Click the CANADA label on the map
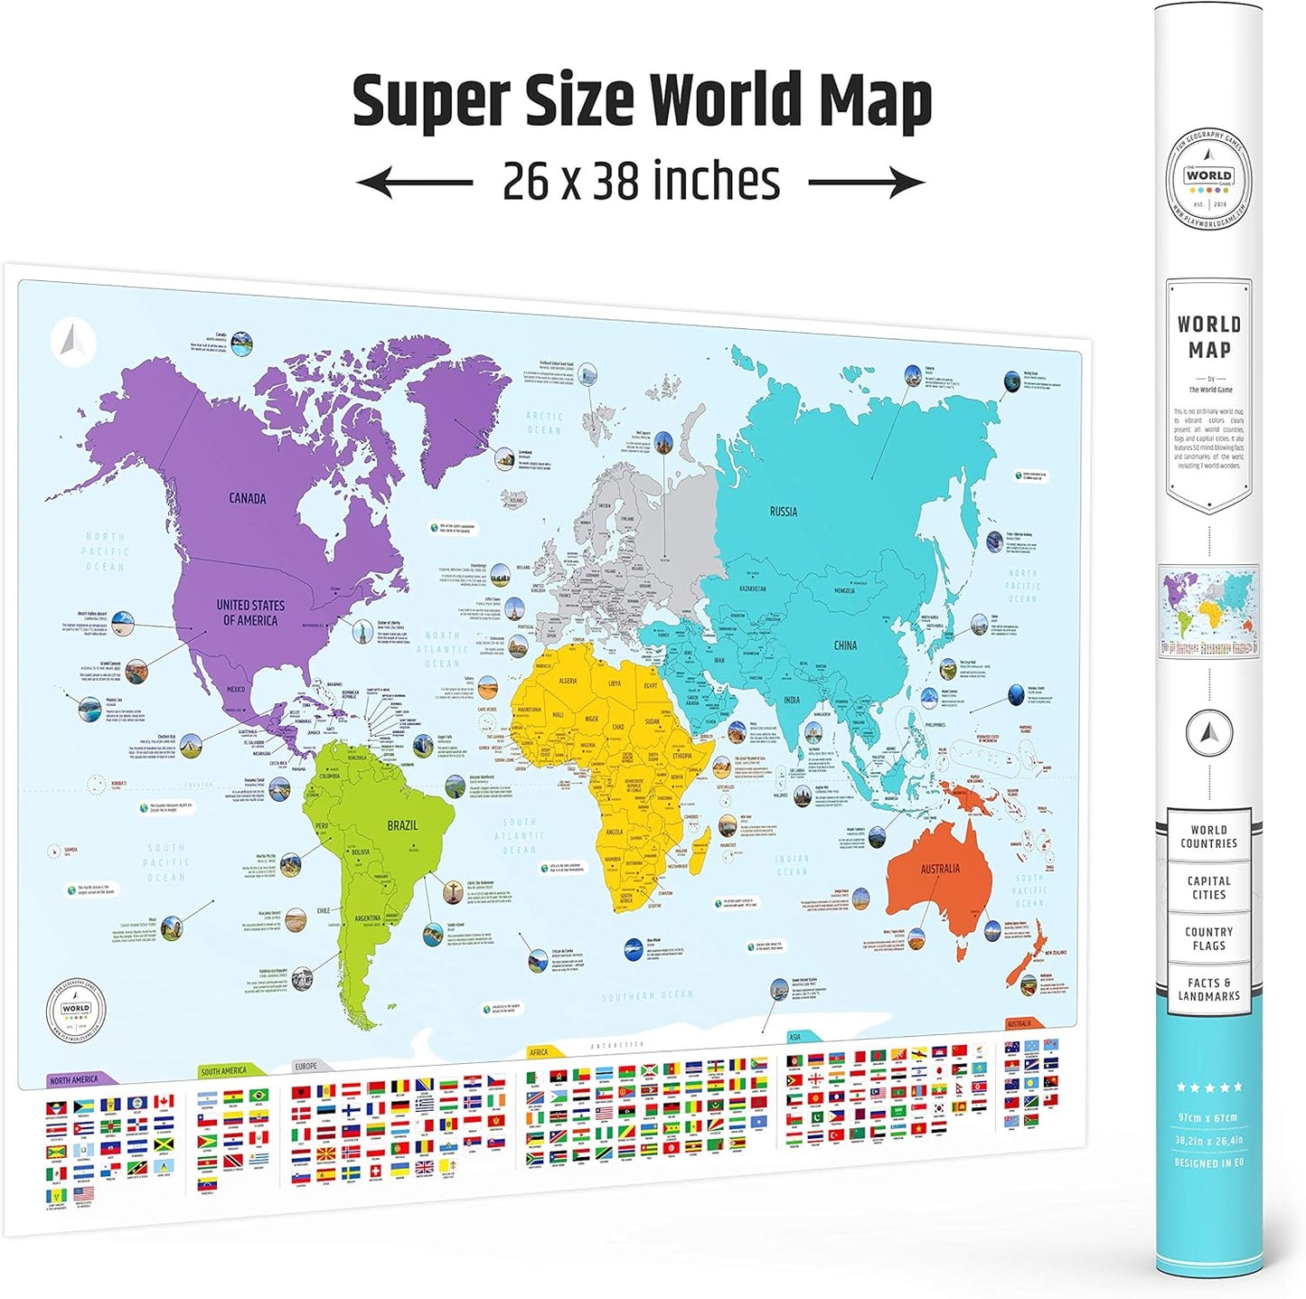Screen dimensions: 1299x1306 (247, 498)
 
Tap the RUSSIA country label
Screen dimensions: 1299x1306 (783, 512)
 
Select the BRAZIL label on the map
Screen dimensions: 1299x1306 (402, 825)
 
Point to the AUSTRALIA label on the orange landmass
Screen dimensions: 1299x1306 (940, 869)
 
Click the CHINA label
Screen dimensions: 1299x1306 (845, 645)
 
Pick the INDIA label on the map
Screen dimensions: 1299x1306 (792, 700)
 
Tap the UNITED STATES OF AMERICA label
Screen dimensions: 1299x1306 (250, 613)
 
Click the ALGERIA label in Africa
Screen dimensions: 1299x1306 (568, 681)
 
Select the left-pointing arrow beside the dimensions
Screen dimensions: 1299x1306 (414, 183)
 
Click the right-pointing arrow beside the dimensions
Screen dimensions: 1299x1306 (866, 183)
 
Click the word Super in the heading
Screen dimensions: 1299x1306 (429, 100)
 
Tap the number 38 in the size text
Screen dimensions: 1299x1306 (616, 181)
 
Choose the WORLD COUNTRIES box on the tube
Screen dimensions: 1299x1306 (1208, 837)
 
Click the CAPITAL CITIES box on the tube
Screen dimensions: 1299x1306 (1208, 888)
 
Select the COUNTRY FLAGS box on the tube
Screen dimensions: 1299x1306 (1208, 938)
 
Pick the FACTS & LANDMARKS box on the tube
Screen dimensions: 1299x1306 (1208, 989)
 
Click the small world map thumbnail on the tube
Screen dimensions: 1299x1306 (1208, 610)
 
